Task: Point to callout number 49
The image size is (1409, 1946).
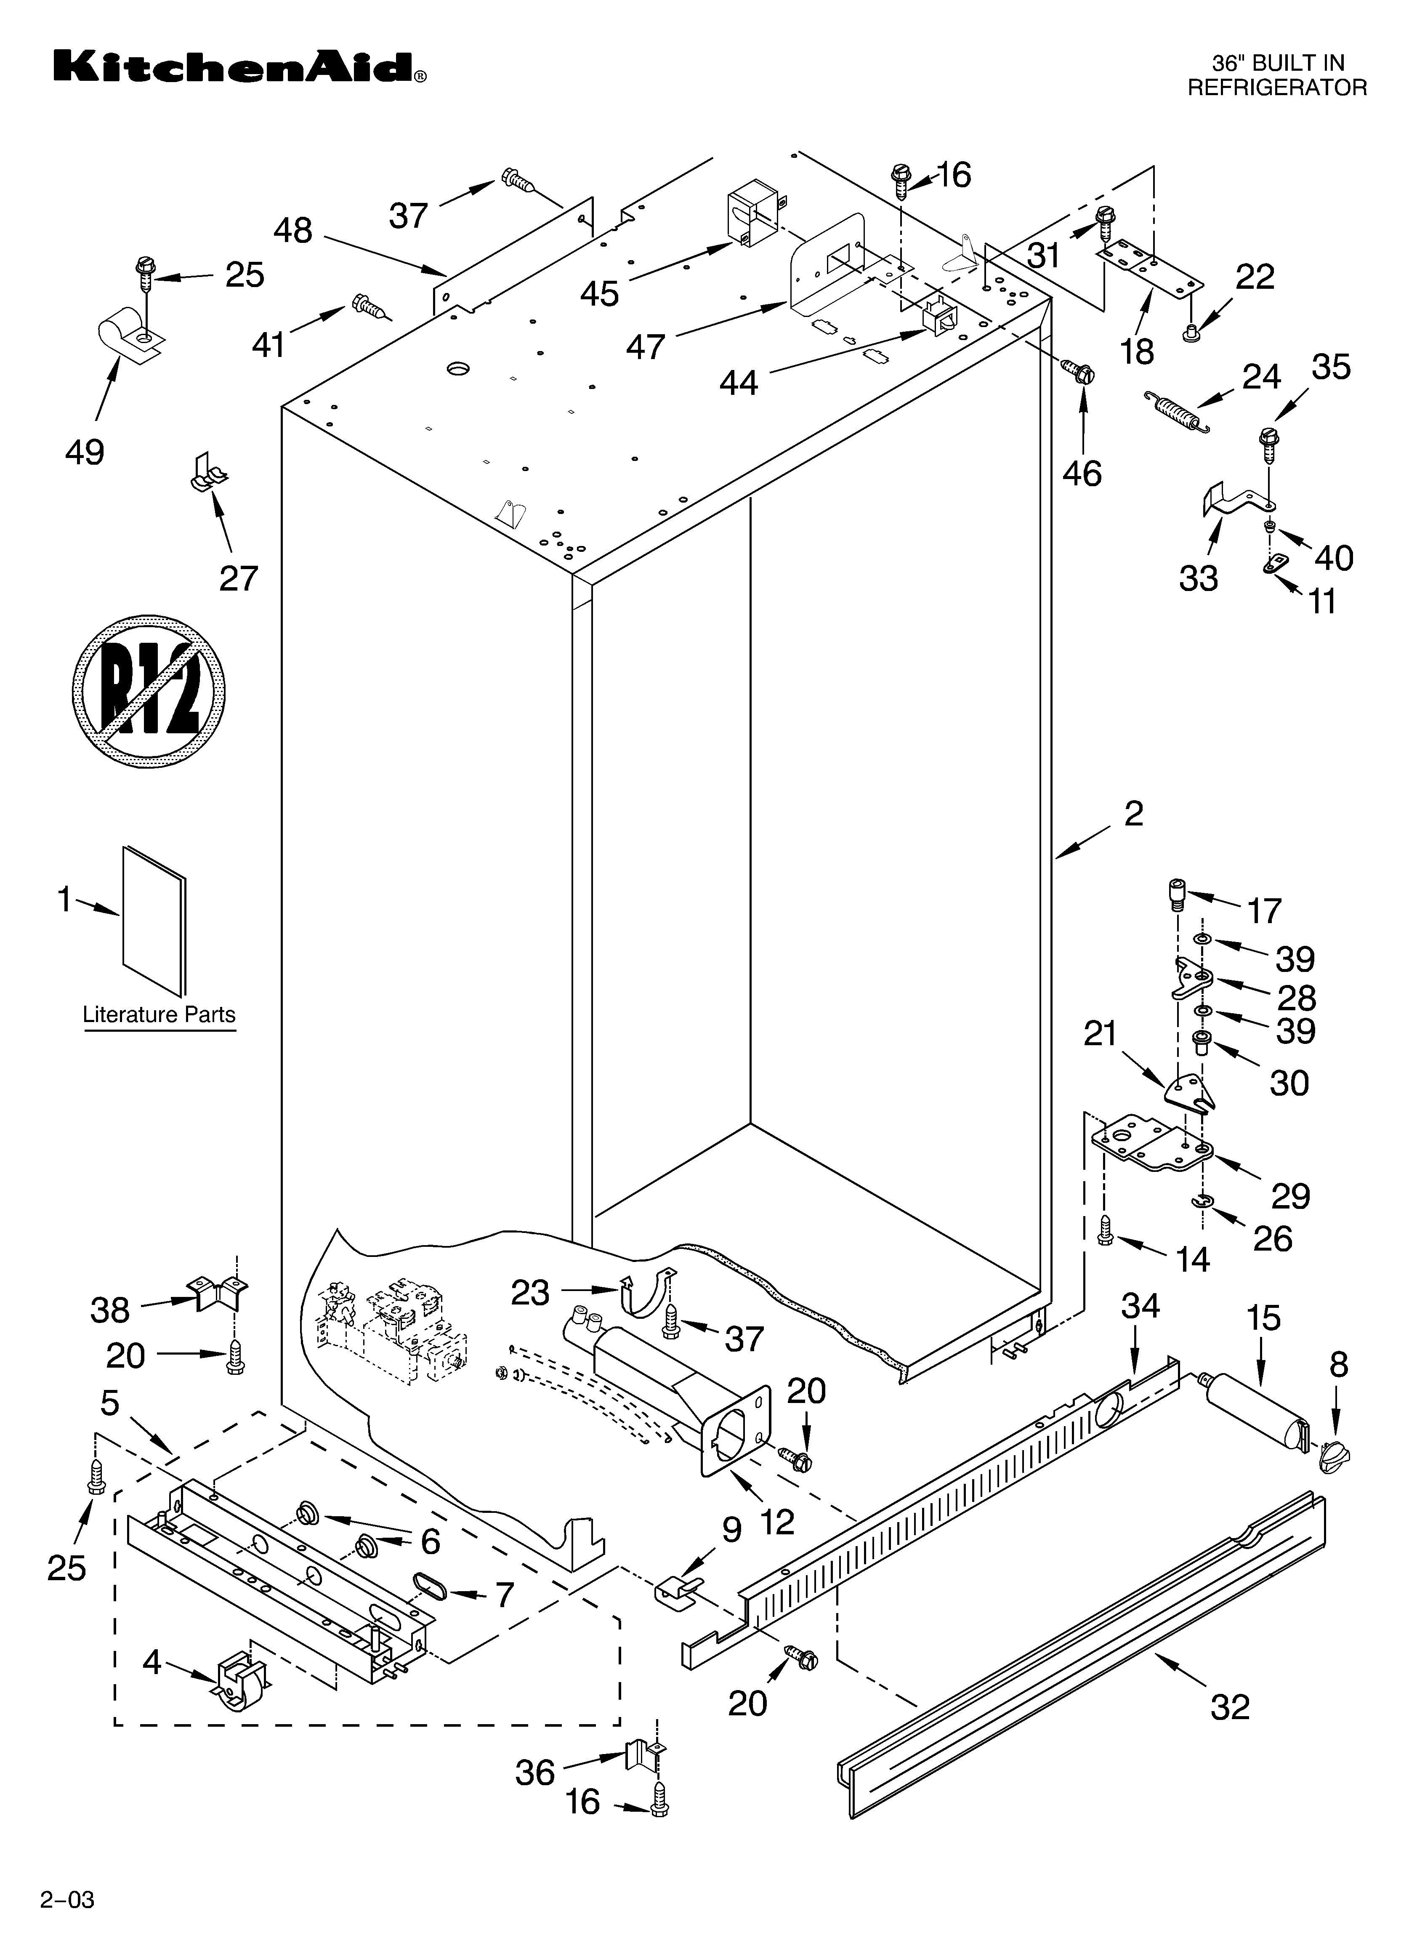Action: tap(84, 452)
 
